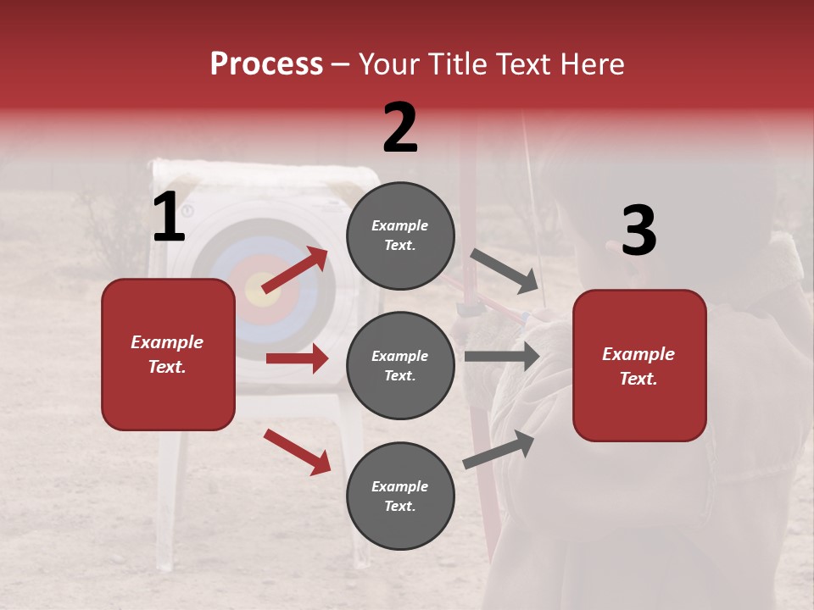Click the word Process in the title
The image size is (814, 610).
[x=266, y=64]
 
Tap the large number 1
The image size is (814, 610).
[x=169, y=217]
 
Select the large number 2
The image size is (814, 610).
[x=400, y=128]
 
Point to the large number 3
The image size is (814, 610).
[x=638, y=230]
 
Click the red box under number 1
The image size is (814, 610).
[x=168, y=354]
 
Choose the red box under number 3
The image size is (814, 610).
[x=639, y=365]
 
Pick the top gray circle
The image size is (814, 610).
[x=400, y=236]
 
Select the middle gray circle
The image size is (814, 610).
[x=400, y=365]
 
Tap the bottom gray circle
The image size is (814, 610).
[x=400, y=496]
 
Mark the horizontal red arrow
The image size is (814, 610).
[x=297, y=358]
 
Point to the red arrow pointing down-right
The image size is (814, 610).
[x=297, y=452]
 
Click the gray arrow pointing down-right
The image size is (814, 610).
[x=505, y=271]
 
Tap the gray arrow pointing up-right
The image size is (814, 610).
[x=499, y=449]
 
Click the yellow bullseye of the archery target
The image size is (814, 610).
[x=256, y=290]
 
